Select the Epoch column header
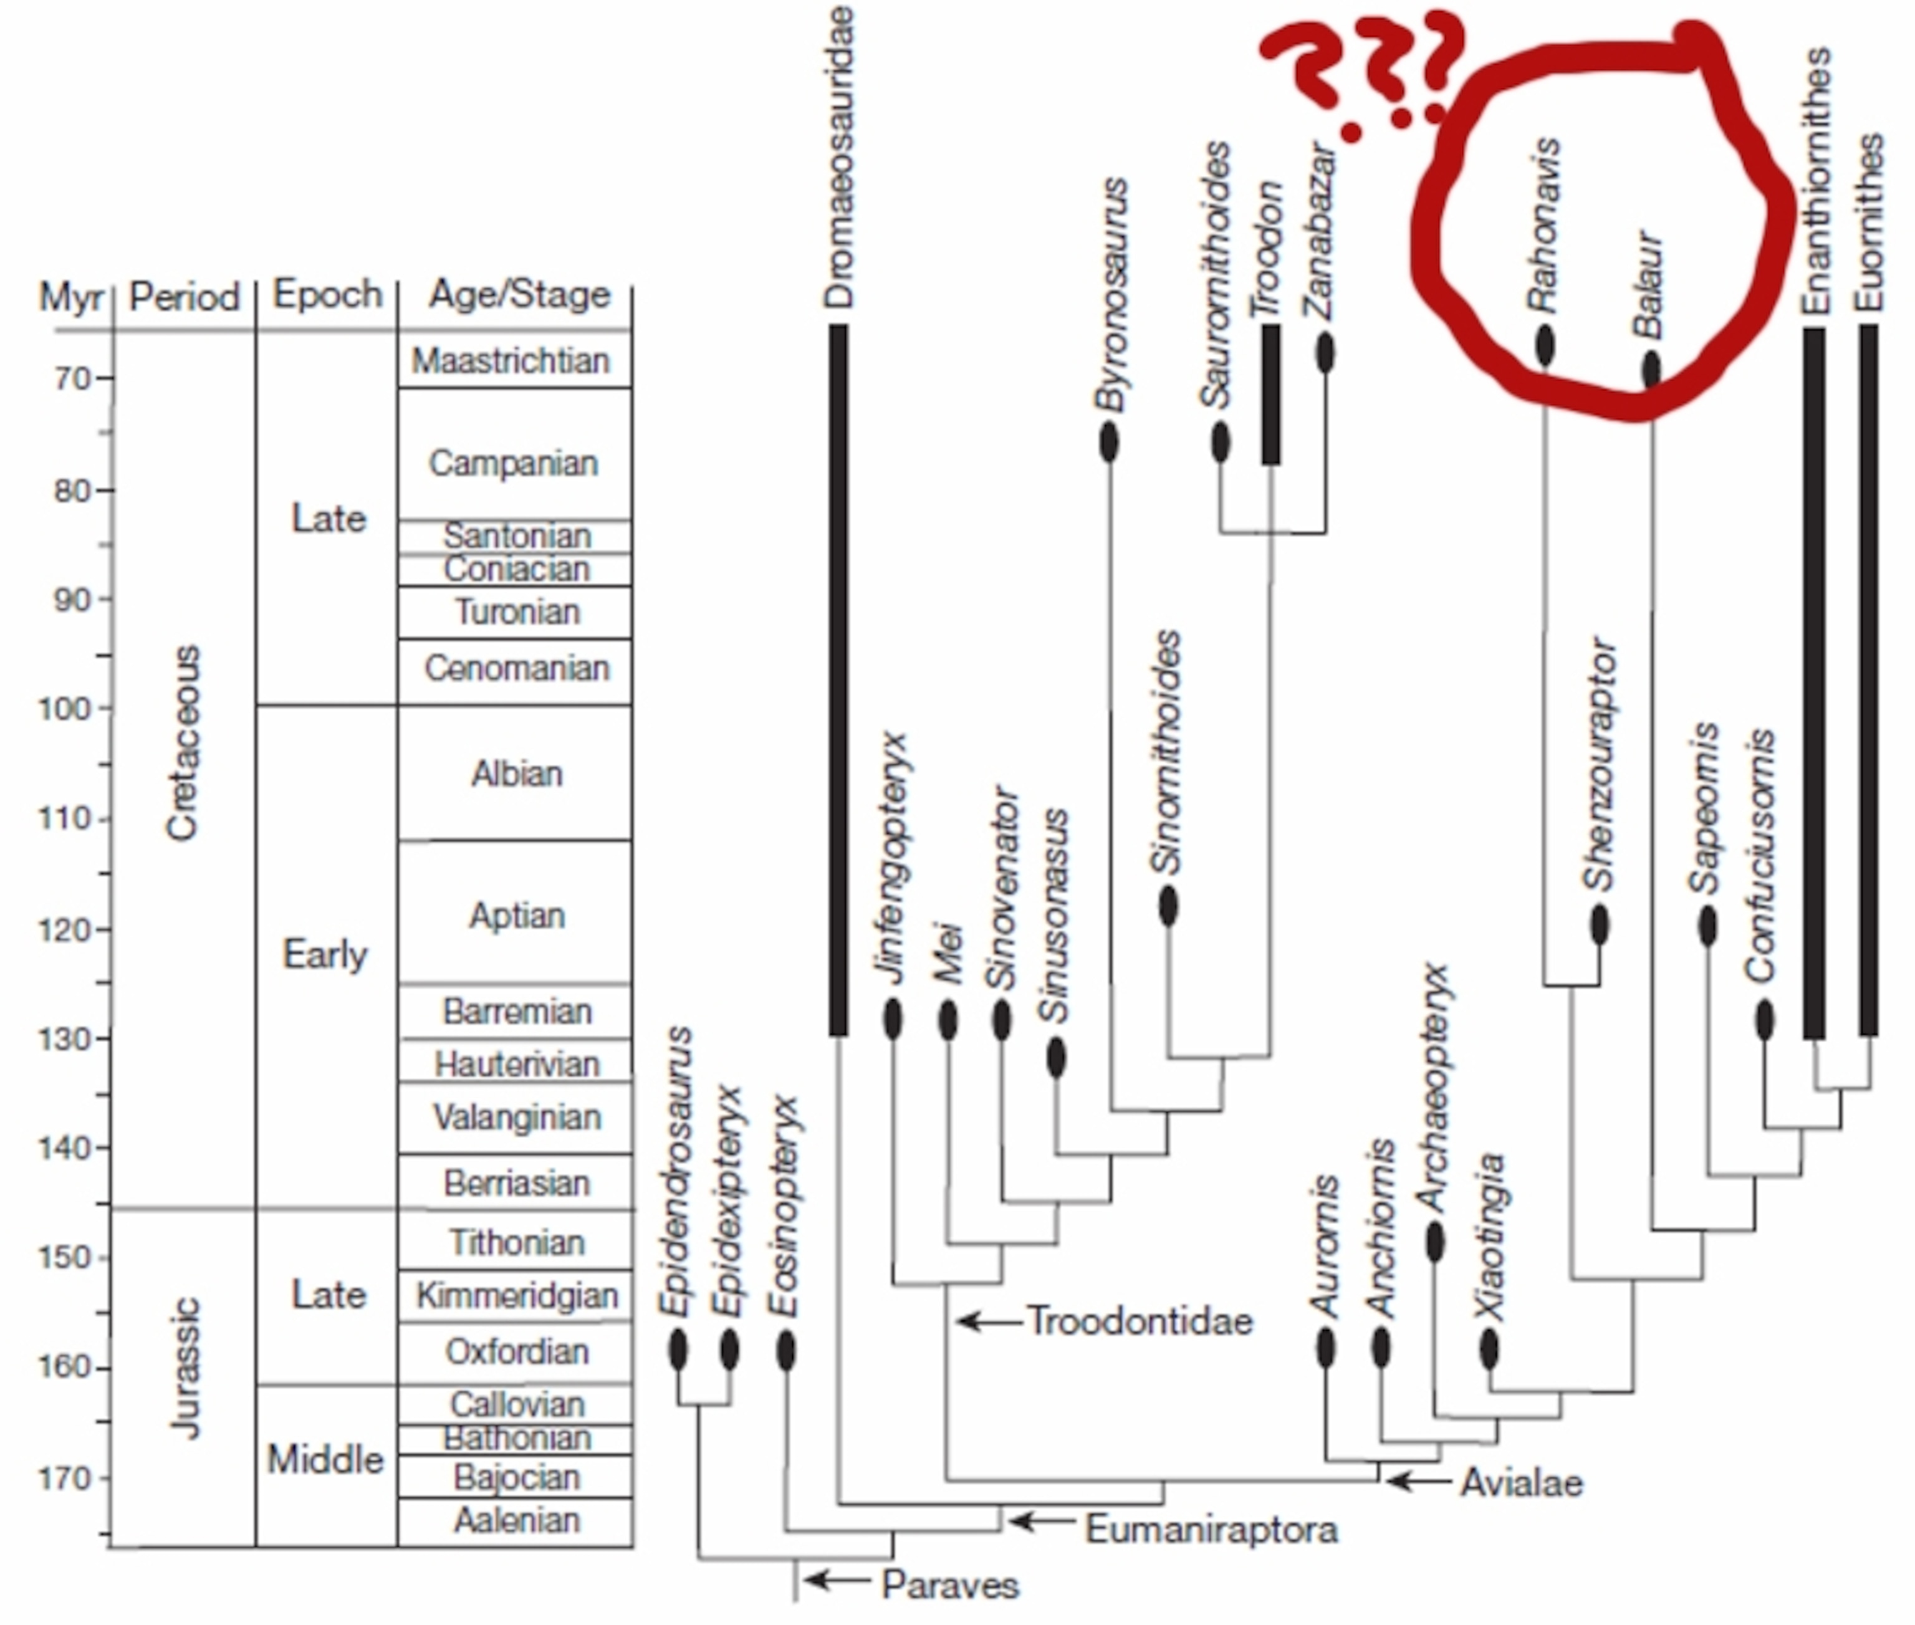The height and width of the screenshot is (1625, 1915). click(327, 295)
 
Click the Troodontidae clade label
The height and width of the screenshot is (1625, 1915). click(1140, 1321)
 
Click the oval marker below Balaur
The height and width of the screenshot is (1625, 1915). click(1651, 370)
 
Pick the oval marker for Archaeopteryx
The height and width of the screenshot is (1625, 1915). click(1434, 1242)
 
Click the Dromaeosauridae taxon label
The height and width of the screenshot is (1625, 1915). click(839, 156)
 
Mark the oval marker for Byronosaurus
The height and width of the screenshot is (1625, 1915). click(1109, 443)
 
